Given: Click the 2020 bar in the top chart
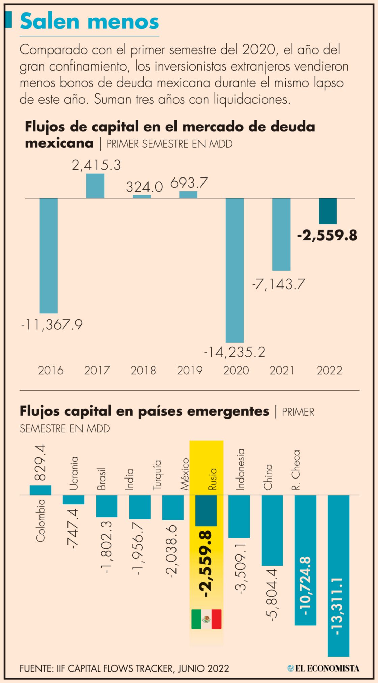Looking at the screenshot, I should point(235,270).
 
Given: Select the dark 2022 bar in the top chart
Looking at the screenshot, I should point(328,211).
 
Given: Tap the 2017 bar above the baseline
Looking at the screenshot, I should point(95,186).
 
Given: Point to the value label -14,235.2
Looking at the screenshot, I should point(235,352).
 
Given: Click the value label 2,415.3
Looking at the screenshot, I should point(96,165).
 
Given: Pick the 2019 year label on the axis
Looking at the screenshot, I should point(190,371).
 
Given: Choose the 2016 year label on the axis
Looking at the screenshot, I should point(51,371).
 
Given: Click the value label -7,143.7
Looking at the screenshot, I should point(278,284).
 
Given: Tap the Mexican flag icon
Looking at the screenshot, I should point(206,619).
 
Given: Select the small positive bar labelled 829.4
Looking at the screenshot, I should point(40,490).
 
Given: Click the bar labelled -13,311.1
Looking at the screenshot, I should point(338,574).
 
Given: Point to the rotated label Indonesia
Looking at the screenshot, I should point(240,469).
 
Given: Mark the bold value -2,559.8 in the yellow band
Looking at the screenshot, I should point(206,564).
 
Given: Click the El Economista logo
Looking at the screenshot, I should point(323,668).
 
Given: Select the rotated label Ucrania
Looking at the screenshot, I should point(74,473).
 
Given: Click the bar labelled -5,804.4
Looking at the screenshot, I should point(272,530).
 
